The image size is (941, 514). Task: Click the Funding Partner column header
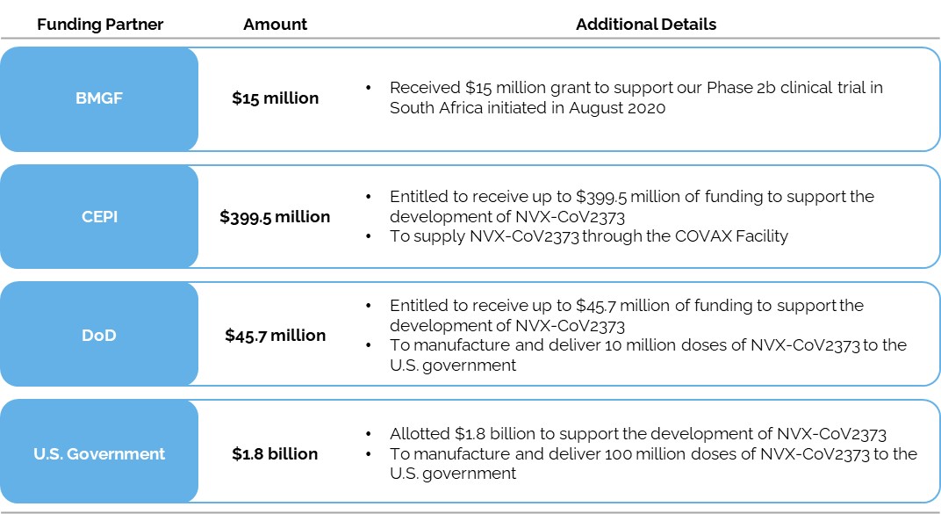[100, 25]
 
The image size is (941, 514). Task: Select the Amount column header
[275, 25]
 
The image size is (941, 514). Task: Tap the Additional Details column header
[645, 25]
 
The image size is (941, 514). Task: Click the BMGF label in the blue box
[99, 98]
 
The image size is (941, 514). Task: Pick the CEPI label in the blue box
[99, 216]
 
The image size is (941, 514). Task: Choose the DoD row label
[99, 335]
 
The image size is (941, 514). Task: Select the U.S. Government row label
[99, 453]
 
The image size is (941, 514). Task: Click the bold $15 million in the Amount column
[275, 98]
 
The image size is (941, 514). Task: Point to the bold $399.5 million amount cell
[275, 216]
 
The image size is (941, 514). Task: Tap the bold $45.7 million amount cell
[275, 335]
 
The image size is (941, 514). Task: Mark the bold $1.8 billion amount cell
[275, 453]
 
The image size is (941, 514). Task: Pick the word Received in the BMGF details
[425, 88]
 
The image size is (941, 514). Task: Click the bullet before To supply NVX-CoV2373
[370, 235]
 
